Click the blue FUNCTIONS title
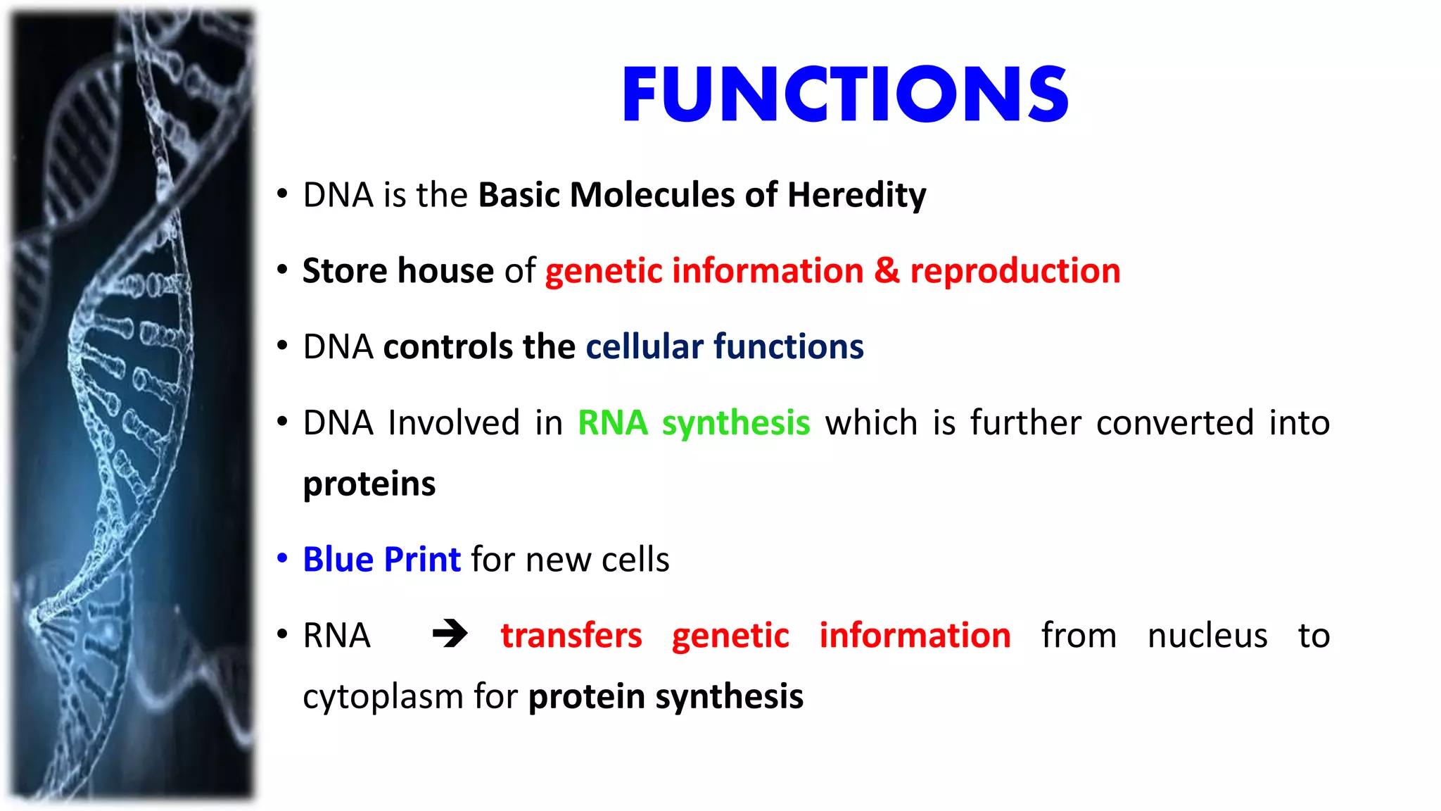pos(845,94)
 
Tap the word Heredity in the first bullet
pos(856,195)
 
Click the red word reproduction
pos(1015,271)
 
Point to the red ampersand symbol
pos(887,271)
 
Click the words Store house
pos(398,271)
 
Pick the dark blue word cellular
pos(644,347)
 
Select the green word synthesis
pos(736,423)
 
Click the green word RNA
pos(612,423)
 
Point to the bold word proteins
pos(369,484)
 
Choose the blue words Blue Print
pos(381,560)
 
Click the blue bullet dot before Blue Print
pos(282,559)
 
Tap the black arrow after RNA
pos(450,634)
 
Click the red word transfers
pos(571,636)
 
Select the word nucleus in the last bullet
pos(1207,636)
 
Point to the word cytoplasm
pos(383,697)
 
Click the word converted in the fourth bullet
pos(1174,423)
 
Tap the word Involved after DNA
pos(454,423)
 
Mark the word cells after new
pos(635,560)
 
